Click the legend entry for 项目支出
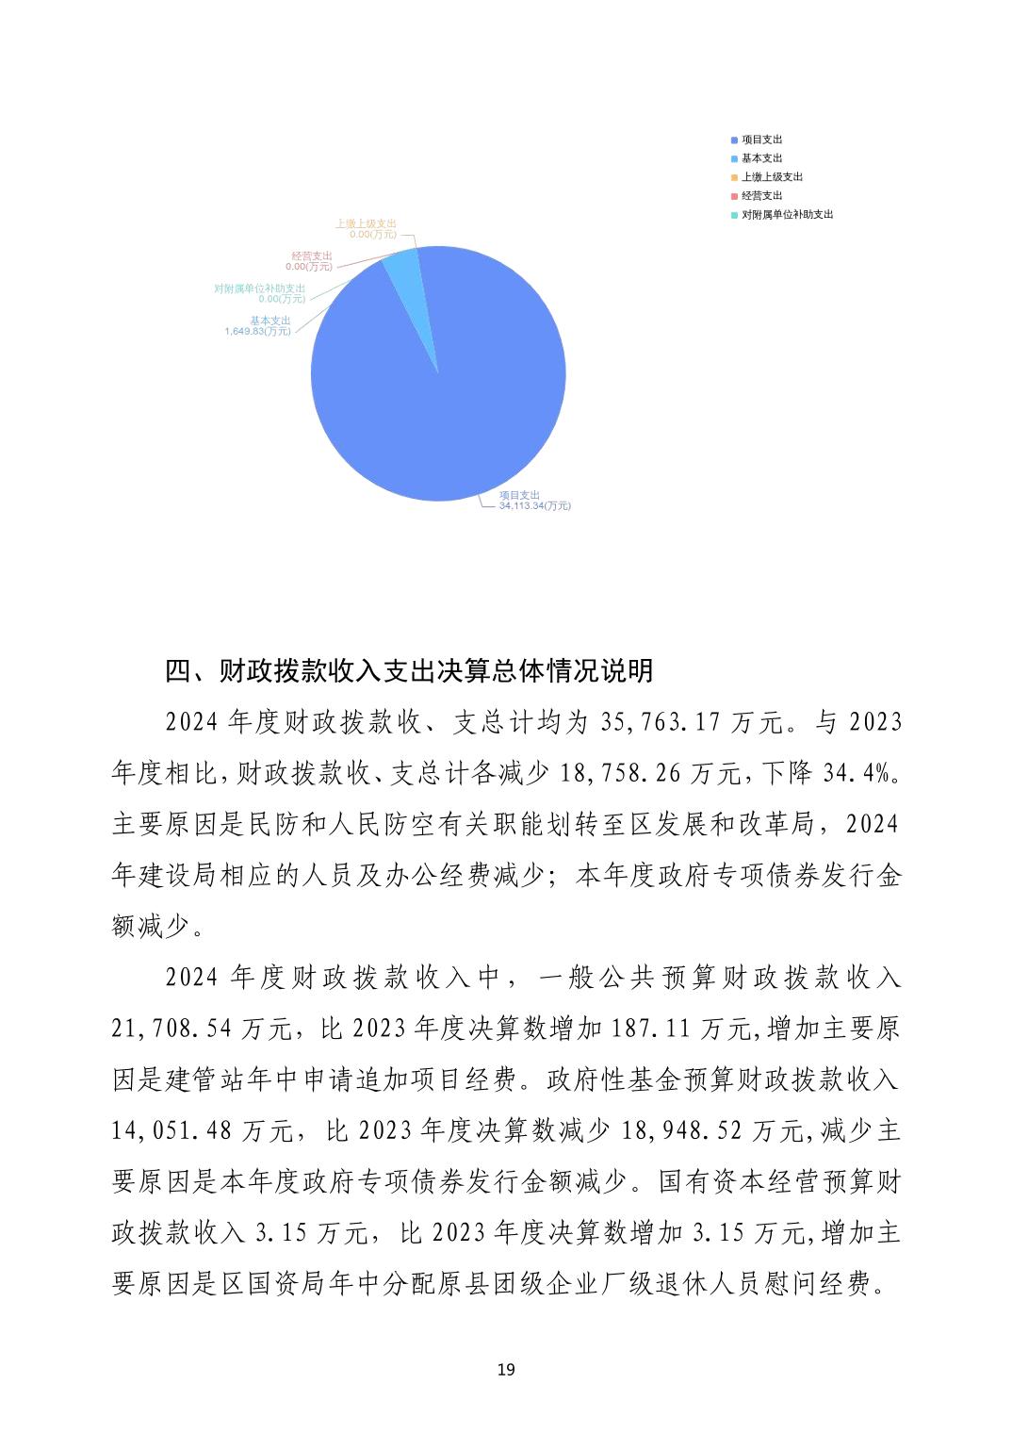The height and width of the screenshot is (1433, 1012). click(x=761, y=140)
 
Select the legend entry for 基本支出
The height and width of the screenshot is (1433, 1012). click(x=761, y=158)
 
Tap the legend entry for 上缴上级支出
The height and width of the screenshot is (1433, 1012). click(x=771, y=177)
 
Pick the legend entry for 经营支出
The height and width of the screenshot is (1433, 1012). click(x=761, y=196)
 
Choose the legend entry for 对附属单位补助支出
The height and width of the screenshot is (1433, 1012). click(x=787, y=215)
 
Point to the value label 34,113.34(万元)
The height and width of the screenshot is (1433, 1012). click(x=534, y=506)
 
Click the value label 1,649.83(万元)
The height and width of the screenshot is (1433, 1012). click(x=257, y=332)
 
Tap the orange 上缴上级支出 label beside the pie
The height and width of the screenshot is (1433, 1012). click(x=366, y=224)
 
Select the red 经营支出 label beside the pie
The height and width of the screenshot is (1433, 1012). click(x=311, y=256)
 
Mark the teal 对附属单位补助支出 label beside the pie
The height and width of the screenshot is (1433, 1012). click(x=260, y=288)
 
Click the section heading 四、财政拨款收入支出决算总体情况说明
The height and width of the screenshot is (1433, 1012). click(x=409, y=671)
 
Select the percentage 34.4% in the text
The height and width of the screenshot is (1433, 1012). click(x=857, y=774)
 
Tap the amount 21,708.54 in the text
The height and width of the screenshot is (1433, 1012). click(x=171, y=1029)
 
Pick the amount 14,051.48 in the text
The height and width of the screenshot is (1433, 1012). click(x=171, y=1130)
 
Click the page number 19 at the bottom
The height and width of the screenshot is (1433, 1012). click(x=506, y=1369)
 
